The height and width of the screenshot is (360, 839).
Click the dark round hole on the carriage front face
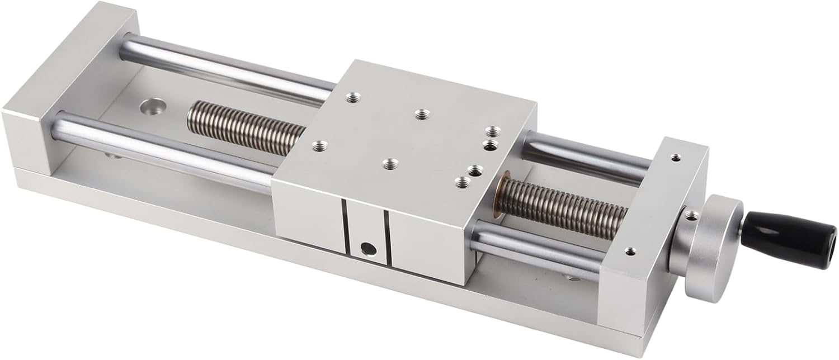(367, 247)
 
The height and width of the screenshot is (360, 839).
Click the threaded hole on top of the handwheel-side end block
(677, 158)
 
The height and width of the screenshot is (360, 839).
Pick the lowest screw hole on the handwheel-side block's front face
(630, 251)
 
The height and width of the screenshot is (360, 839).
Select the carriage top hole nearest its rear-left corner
(352, 98)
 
